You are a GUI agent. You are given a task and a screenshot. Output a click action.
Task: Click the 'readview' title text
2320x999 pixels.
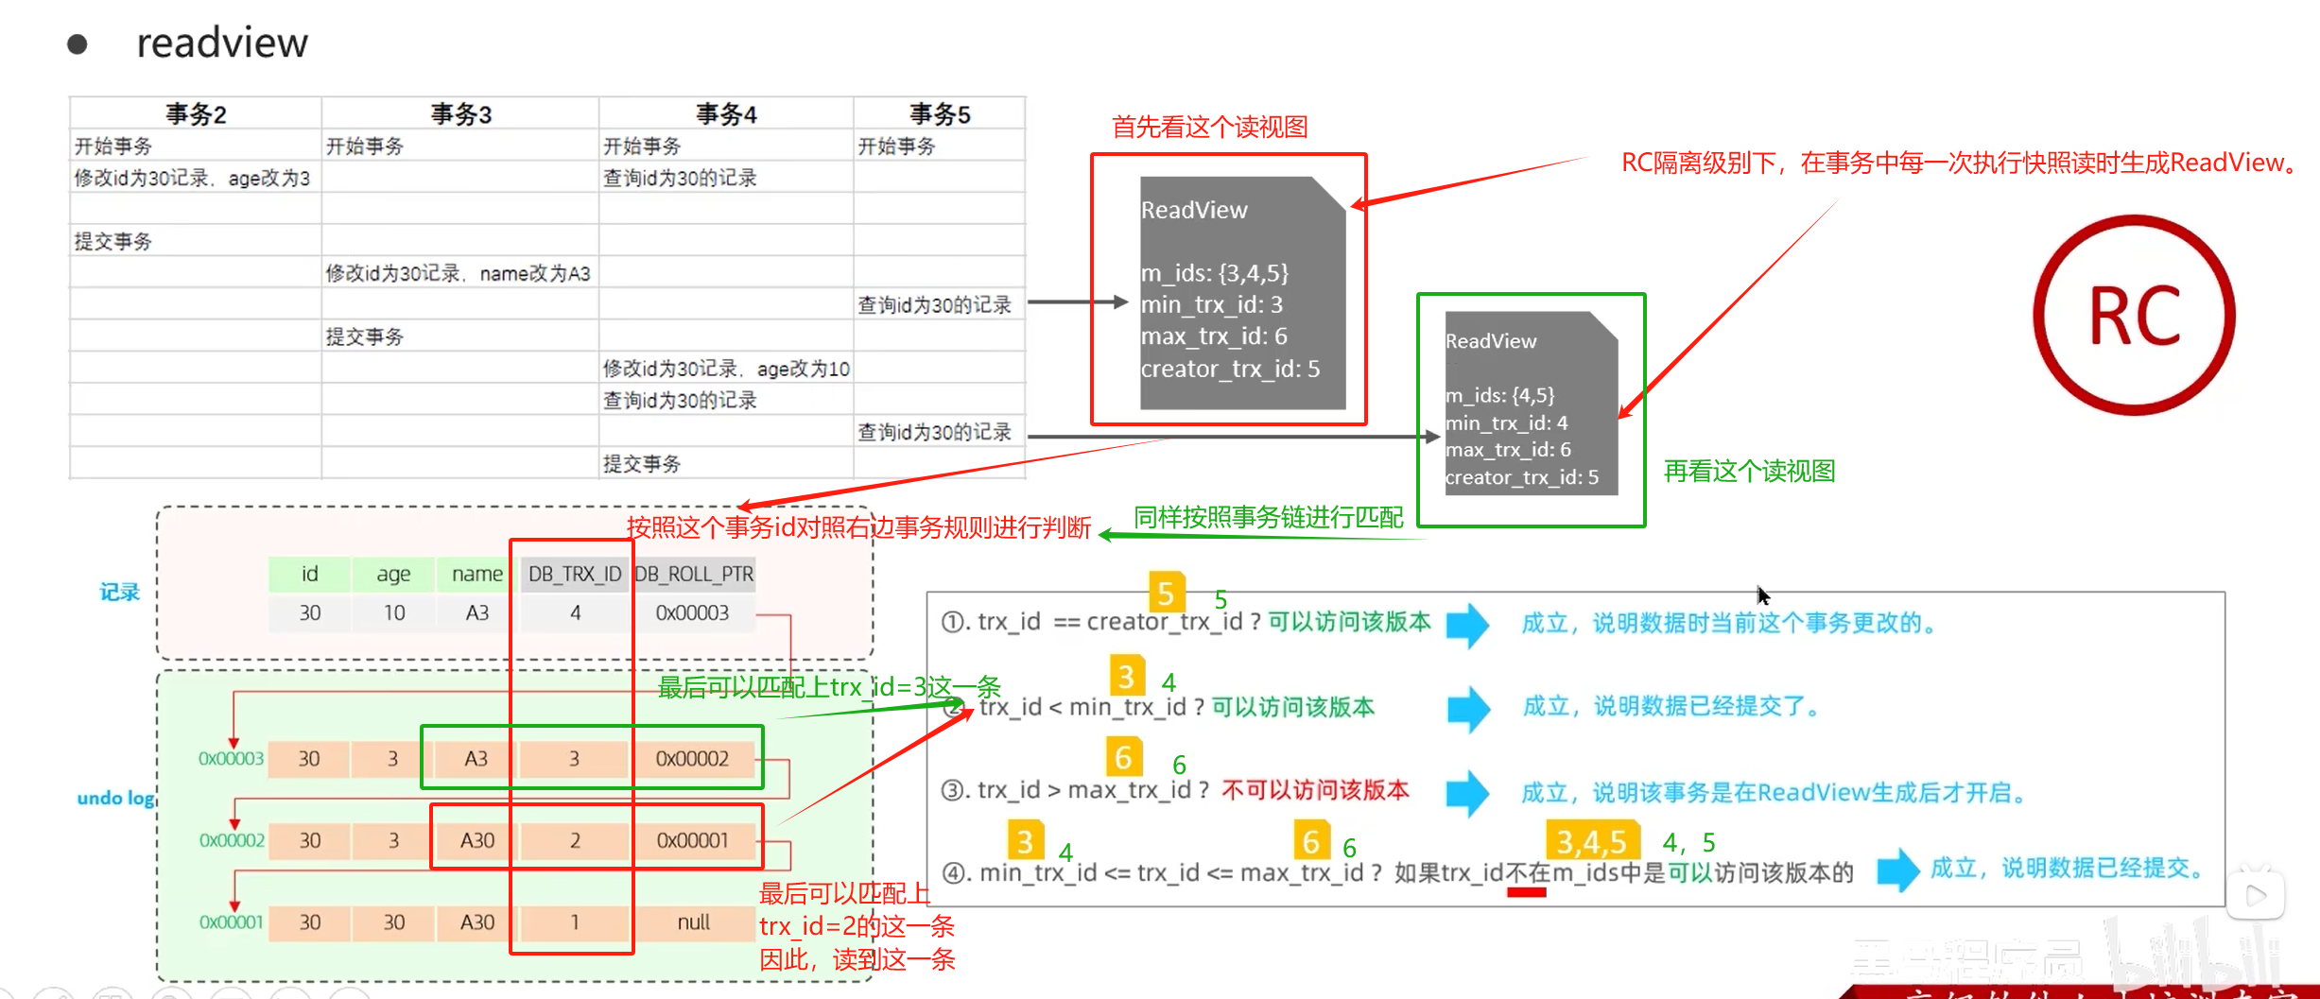pos(222,43)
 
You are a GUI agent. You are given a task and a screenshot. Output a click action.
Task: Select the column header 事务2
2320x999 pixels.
pos(196,114)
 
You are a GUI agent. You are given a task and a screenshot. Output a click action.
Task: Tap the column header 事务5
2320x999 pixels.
pos(940,114)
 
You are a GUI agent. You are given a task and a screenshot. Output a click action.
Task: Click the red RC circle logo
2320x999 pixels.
pos(2134,315)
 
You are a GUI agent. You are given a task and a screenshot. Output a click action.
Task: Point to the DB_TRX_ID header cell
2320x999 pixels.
pos(574,574)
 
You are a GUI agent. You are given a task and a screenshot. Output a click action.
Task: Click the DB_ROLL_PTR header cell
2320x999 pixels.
pos(694,574)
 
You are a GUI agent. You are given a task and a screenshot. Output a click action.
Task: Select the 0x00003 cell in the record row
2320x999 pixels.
pos(692,612)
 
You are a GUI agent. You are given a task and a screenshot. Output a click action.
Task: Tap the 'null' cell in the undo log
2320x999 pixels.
pos(693,922)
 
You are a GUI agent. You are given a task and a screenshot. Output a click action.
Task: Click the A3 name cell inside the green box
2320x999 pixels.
pos(476,759)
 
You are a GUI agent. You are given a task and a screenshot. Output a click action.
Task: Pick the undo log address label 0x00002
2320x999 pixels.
pos(232,840)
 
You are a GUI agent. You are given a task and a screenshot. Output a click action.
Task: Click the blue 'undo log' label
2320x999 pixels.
pos(115,798)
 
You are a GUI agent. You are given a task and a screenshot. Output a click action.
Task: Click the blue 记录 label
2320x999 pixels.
pos(119,593)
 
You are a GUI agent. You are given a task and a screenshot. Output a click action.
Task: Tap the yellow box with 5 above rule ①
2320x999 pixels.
pos(1166,593)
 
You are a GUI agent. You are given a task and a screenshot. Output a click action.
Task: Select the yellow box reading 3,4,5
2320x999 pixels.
pos(1592,840)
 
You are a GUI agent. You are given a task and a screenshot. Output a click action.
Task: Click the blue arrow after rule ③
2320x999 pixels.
pos(1467,792)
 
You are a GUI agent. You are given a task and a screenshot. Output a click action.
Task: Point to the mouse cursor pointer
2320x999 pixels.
pos(1762,595)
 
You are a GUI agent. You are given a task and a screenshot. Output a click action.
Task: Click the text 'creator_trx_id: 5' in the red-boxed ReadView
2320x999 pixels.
pos(1230,369)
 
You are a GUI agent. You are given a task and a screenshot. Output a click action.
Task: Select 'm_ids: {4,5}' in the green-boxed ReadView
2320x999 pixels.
pos(1499,395)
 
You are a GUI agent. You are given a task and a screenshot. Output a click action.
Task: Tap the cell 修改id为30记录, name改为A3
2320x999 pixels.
pos(459,273)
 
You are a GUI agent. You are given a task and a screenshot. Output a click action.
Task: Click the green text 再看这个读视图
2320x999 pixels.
pos(1749,471)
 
